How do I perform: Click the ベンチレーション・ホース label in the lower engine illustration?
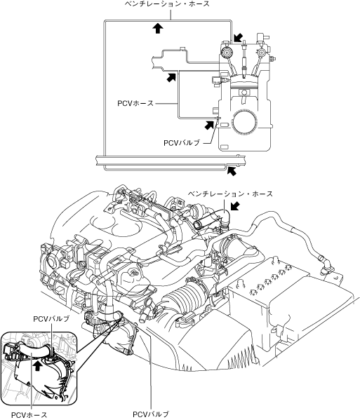coord(230,194)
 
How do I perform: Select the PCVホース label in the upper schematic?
coord(135,103)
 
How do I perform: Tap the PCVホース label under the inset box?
coord(29,415)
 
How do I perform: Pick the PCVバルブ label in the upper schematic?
coord(182,143)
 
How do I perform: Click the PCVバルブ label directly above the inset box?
coord(51,319)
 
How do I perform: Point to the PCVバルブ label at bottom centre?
coord(151,414)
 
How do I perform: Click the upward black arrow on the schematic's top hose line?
coord(158,28)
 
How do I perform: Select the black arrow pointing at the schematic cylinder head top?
coord(238,38)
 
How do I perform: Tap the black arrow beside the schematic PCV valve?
coord(209,125)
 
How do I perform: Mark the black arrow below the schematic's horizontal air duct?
coord(232,171)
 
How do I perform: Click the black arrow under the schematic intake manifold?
coord(171,77)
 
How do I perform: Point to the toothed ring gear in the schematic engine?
coord(244,122)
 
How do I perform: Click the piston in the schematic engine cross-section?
coord(244,82)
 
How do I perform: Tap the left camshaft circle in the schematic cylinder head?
coord(227,52)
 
